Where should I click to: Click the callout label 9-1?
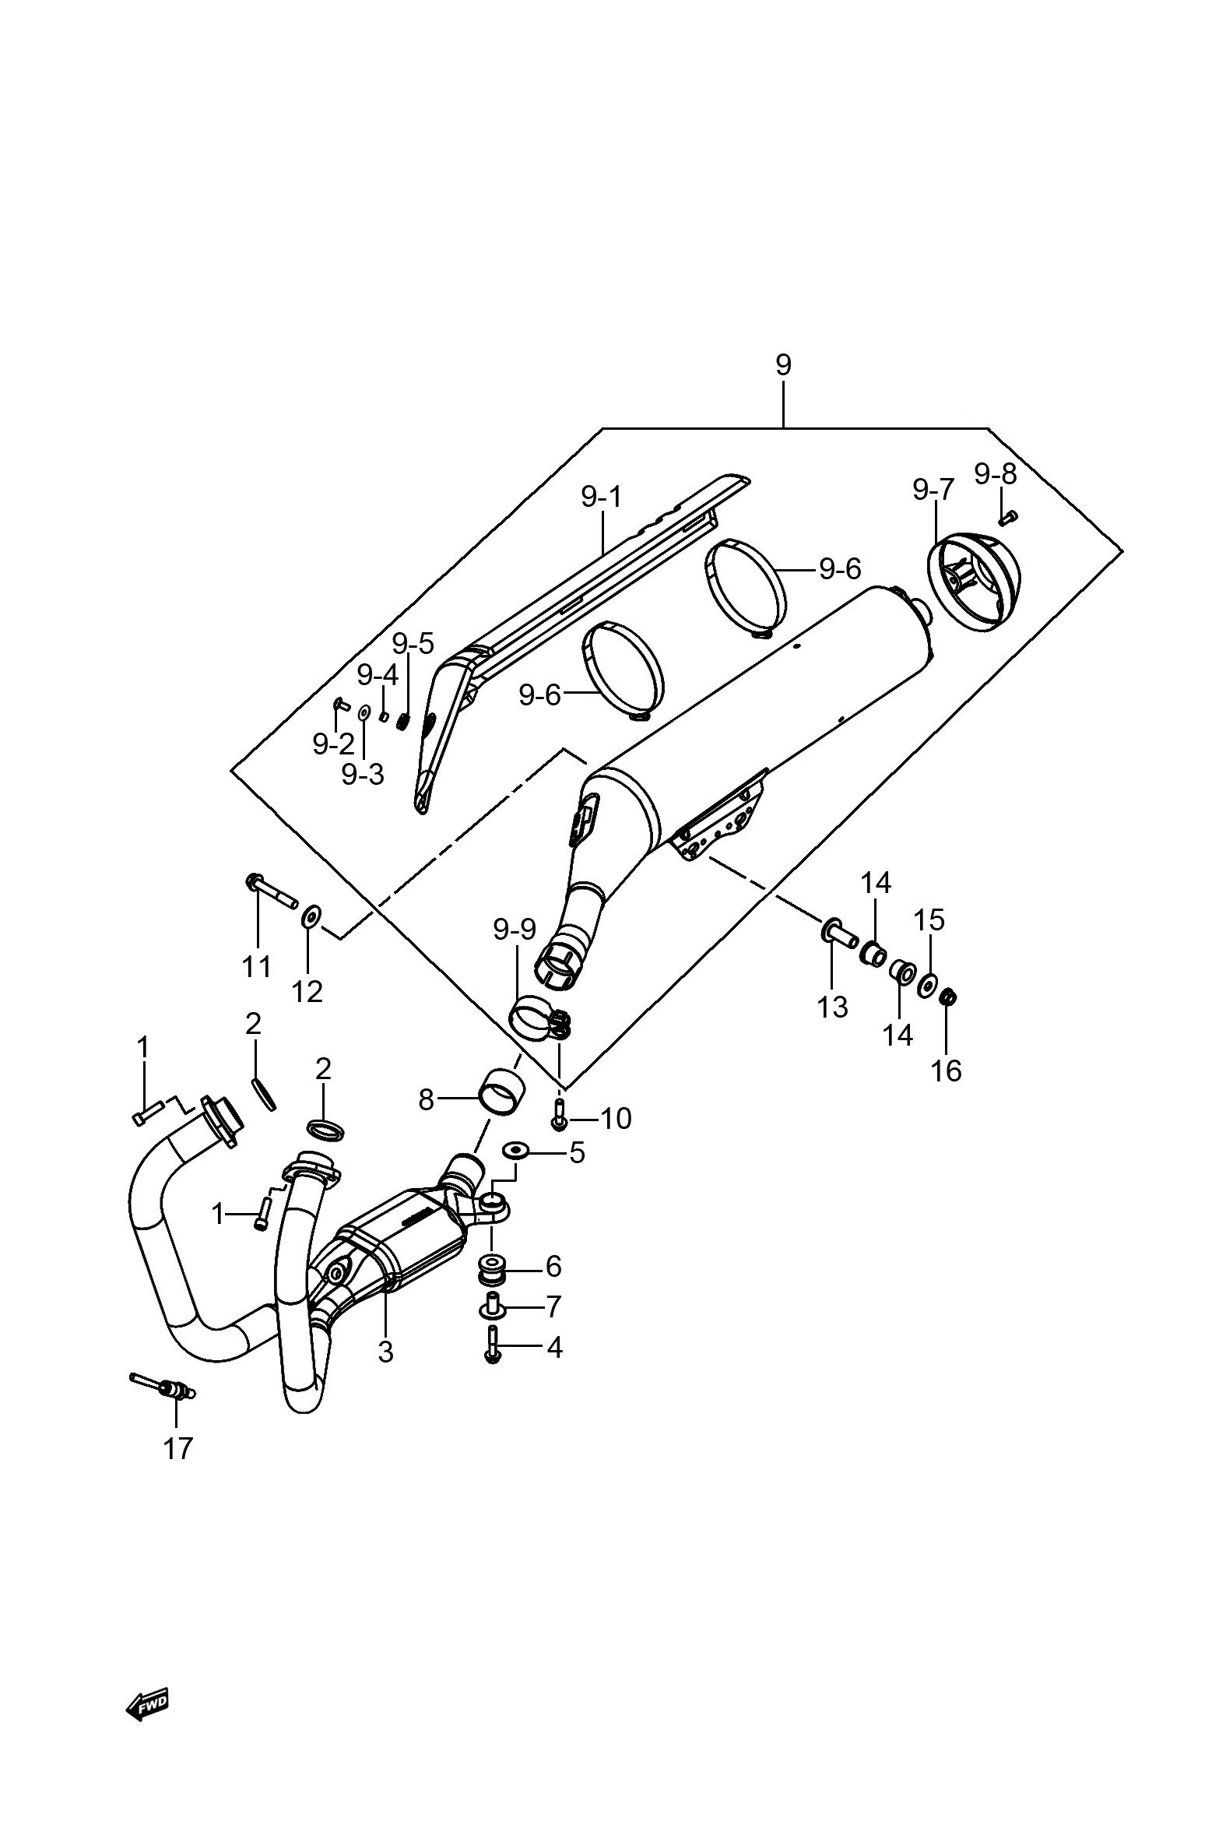[x=601, y=497]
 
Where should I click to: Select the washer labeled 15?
[x=926, y=984]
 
